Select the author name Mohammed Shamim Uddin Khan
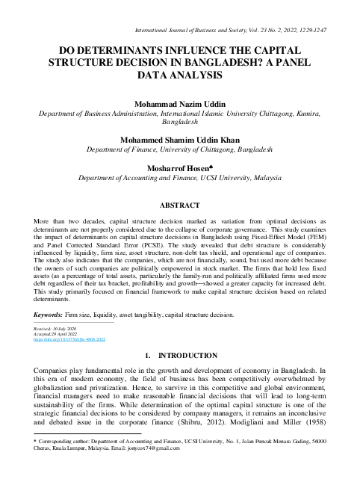(x=179, y=139)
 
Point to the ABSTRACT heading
(x=179, y=204)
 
